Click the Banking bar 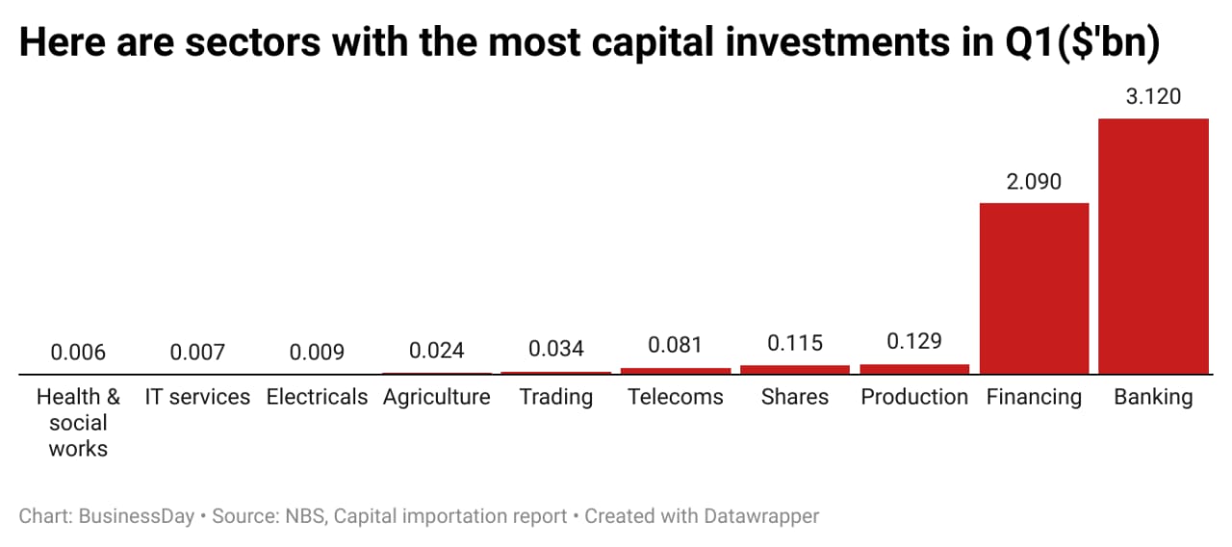[1153, 246]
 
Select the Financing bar [1034, 288]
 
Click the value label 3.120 [1153, 97]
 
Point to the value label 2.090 [1034, 181]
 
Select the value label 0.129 [914, 342]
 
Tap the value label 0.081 [676, 345]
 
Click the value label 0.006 [78, 352]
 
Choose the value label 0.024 [437, 351]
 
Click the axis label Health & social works [78, 423]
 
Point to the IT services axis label [197, 397]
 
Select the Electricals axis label [317, 397]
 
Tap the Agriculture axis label [437, 397]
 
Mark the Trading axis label [556, 397]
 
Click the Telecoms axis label [676, 397]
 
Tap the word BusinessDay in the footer [136, 516]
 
